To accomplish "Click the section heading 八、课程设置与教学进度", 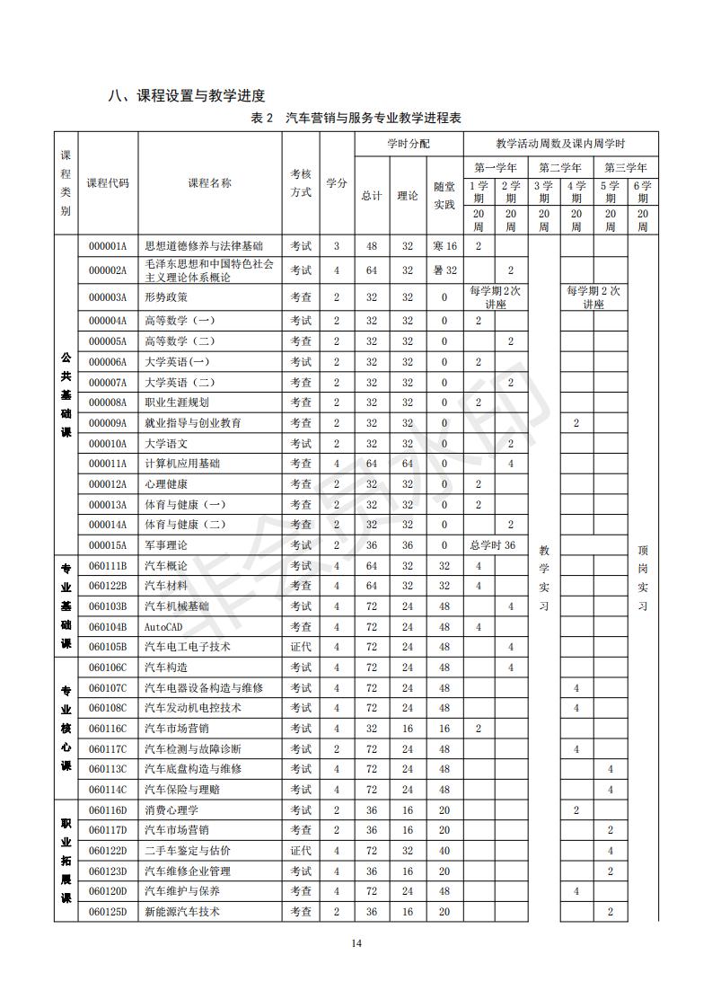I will pos(187,96).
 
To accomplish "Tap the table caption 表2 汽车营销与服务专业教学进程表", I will pos(356,119).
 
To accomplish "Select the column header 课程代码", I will pos(108,182).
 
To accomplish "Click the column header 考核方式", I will pos(301,182).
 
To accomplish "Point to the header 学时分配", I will pos(409,144).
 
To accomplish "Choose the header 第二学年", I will pos(560,168).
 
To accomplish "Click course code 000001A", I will pos(108,246).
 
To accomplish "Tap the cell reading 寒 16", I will pos(444,246).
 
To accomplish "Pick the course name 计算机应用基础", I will pos(182,464).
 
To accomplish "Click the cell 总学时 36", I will pos(493,545).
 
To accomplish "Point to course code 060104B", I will pos(108,626).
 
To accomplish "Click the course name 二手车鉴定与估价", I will pos(188,851).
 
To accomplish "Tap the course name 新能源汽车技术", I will pos(182,912).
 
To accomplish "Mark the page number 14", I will pos(356,942).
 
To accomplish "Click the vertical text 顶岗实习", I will pos(642,578).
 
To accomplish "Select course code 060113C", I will pos(108,769).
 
